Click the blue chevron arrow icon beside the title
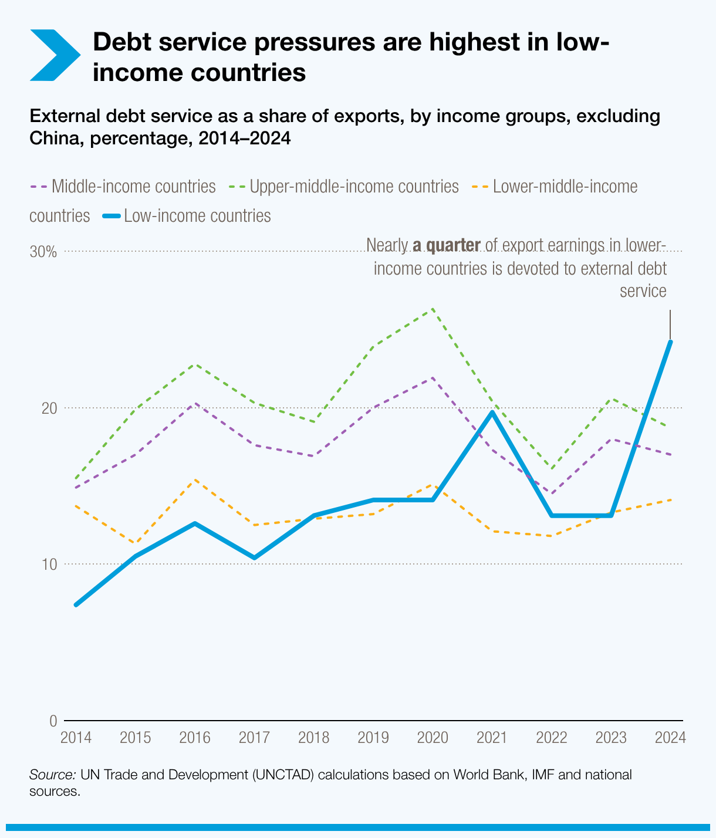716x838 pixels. pyautogui.click(x=54, y=55)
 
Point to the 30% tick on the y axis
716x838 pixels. pyautogui.click(x=43, y=252)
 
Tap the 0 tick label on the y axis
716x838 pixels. pyautogui.click(x=53, y=721)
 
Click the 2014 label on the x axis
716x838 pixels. pyautogui.click(x=76, y=737)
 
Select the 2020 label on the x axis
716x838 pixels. pyautogui.click(x=433, y=737)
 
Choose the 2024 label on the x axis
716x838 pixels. pyautogui.click(x=670, y=737)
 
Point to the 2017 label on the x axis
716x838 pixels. pyautogui.click(x=254, y=737)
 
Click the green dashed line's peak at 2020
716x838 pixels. pyautogui.click(x=433, y=309)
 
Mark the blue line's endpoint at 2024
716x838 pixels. pyautogui.click(x=670, y=342)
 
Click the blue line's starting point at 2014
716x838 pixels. pyautogui.click(x=76, y=605)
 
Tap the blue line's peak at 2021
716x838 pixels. pyautogui.click(x=492, y=412)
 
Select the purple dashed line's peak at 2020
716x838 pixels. pyautogui.click(x=433, y=377)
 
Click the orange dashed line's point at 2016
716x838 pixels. pyautogui.click(x=195, y=480)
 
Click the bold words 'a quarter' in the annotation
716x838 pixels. pyautogui.click(x=446, y=245)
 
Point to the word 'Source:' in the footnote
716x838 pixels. pyautogui.click(x=52, y=775)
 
